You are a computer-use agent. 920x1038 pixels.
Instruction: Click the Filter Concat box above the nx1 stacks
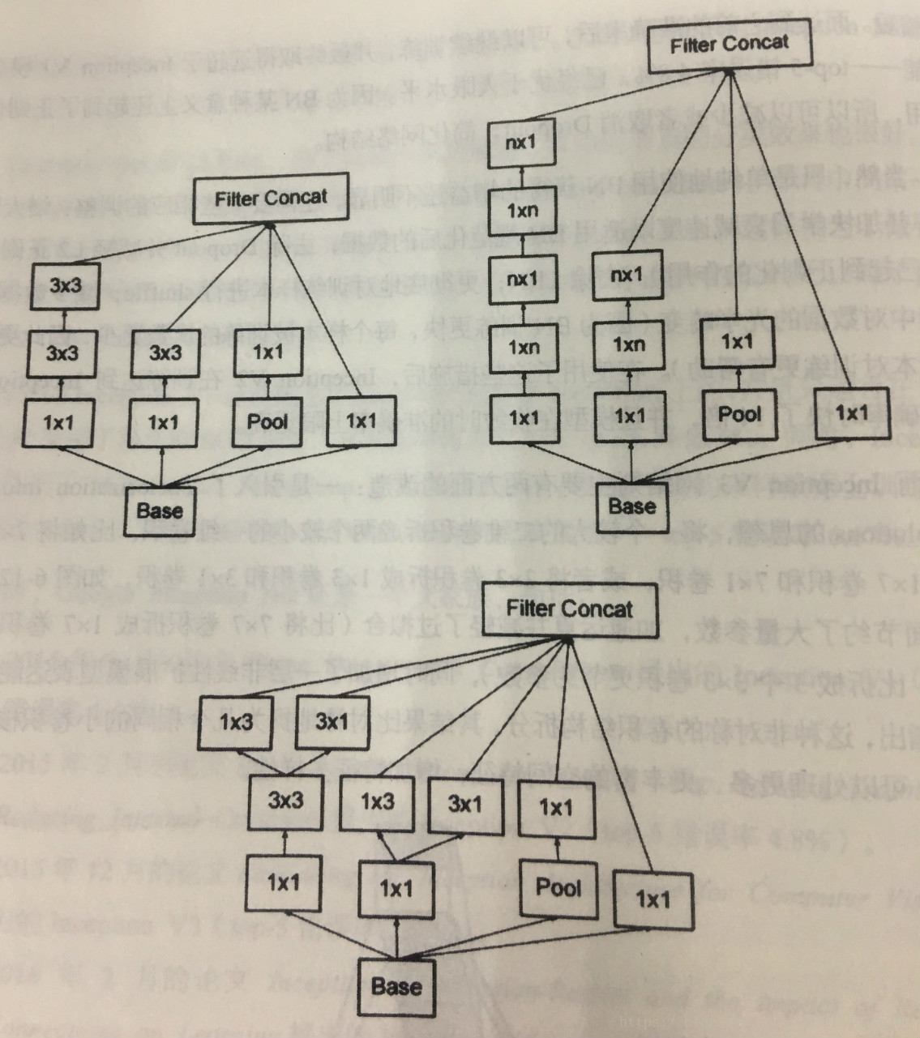coord(729,44)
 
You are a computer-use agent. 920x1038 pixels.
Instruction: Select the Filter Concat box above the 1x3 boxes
coord(569,609)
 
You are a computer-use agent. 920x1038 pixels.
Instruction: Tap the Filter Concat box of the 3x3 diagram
coord(271,199)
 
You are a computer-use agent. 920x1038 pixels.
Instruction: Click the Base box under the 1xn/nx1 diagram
coord(631,507)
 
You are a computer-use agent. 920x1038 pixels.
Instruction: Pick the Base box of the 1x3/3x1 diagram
coord(396,986)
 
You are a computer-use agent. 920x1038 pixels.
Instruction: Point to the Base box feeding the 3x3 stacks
coord(160,510)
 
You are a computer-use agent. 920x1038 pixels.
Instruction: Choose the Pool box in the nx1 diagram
coord(739,415)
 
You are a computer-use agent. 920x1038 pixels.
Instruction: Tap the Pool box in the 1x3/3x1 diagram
coord(558,887)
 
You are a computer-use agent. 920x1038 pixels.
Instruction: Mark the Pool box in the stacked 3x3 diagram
coord(267,422)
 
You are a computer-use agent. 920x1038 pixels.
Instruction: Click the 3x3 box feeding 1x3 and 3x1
coord(285,801)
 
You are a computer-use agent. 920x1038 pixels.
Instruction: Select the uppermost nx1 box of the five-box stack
coord(520,143)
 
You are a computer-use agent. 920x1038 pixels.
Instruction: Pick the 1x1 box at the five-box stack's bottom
coord(524,418)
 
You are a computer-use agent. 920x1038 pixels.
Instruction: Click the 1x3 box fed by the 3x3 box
coord(236,722)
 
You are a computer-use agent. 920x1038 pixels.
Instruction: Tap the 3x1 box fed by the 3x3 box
coord(332,722)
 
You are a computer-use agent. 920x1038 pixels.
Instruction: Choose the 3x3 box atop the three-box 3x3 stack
coord(65,285)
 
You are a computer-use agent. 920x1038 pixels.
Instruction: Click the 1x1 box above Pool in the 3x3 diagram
coord(267,352)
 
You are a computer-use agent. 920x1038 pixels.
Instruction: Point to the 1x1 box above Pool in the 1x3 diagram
coord(555,808)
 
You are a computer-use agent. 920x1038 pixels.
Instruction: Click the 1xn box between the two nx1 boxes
coord(522,211)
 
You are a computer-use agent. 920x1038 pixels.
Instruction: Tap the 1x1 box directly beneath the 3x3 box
coord(283,882)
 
